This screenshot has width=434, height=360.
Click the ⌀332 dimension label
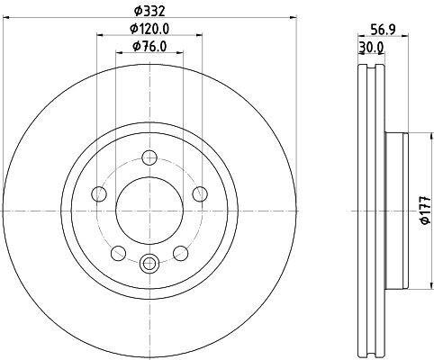click(149, 12)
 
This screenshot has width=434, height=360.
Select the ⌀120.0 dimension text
click(149, 29)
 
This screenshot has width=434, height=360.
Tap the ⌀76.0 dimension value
click(149, 47)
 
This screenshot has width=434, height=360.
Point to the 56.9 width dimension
click(384, 30)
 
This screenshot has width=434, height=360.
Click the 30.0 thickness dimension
click(371, 48)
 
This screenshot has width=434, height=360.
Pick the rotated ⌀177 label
click(427, 211)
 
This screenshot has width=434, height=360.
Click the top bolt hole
click(149, 157)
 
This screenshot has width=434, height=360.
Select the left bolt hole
click(99, 194)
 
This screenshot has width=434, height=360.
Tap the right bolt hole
click(200, 194)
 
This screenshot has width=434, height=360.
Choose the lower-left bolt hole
click(118, 253)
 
